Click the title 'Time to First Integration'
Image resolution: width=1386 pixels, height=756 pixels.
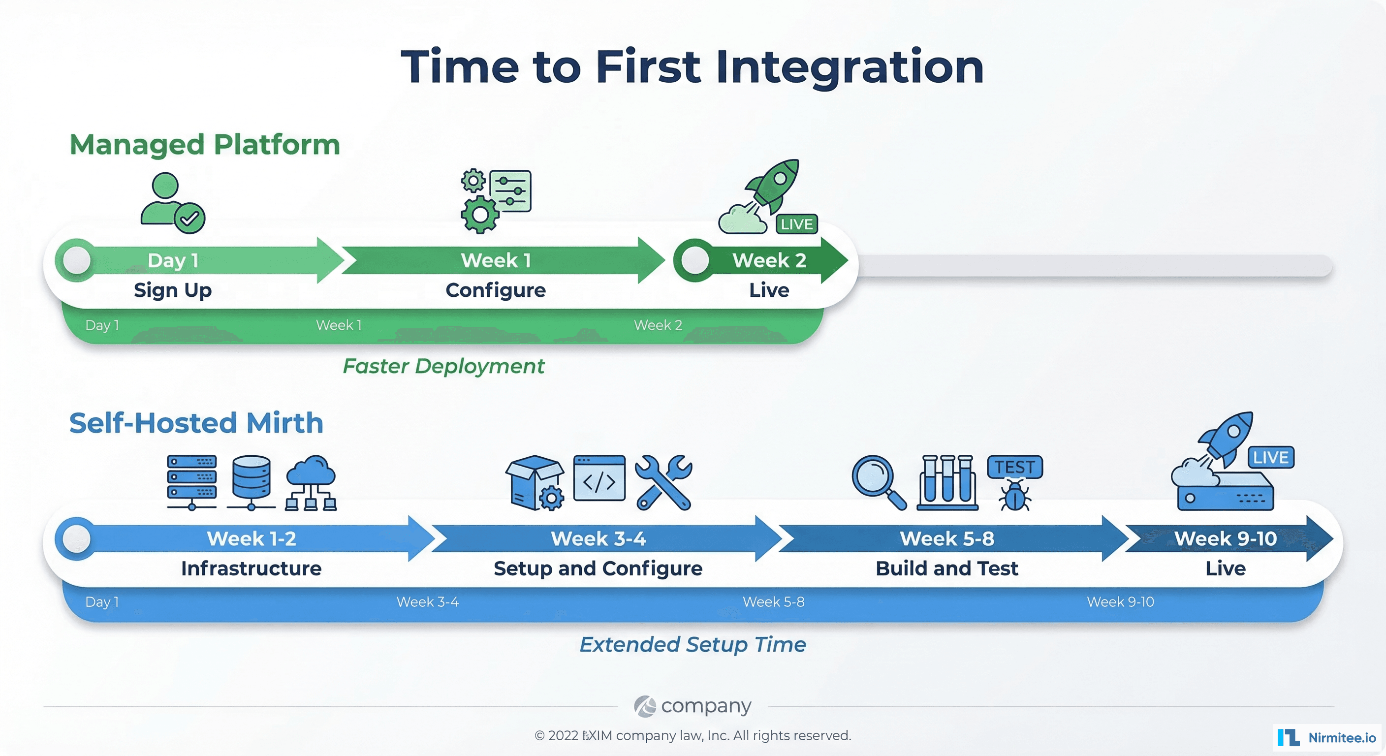pyautogui.click(x=693, y=67)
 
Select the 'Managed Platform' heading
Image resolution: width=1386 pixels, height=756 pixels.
pyautogui.click(x=204, y=145)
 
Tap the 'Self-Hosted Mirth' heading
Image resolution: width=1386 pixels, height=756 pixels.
pyautogui.click(x=196, y=423)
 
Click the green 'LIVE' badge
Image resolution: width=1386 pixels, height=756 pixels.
pyautogui.click(x=796, y=224)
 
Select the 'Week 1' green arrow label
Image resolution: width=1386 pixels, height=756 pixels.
pyautogui.click(x=496, y=260)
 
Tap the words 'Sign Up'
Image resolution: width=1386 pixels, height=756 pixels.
pyautogui.click(x=173, y=290)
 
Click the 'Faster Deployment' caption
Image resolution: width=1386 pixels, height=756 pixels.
pyautogui.click(x=443, y=366)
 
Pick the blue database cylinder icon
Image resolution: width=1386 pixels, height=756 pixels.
pyautogui.click(x=252, y=480)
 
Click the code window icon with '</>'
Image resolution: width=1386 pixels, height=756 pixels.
pyautogui.click(x=599, y=479)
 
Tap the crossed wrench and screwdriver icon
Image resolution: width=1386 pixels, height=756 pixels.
pyautogui.click(x=663, y=482)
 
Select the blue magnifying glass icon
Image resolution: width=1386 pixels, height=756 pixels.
pyautogui.click(x=877, y=480)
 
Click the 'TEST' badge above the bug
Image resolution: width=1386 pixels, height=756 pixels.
pyautogui.click(x=1014, y=467)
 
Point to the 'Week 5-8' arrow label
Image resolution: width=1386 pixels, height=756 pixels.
pyautogui.click(x=947, y=538)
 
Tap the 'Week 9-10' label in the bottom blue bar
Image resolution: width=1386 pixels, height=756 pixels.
pyautogui.click(x=1120, y=601)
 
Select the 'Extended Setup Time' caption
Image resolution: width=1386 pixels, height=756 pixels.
pyautogui.click(x=693, y=645)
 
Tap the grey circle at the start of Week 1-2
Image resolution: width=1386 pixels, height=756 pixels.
pyautogui.click(x=76, y=538)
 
